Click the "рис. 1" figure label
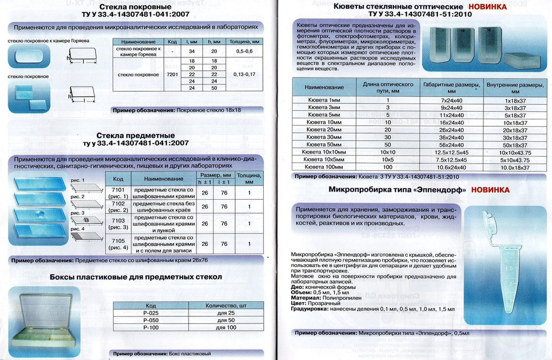point(77,180)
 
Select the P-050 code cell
point(151,321)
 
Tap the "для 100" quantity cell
point(226,328)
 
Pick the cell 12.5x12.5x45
point(445,152)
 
